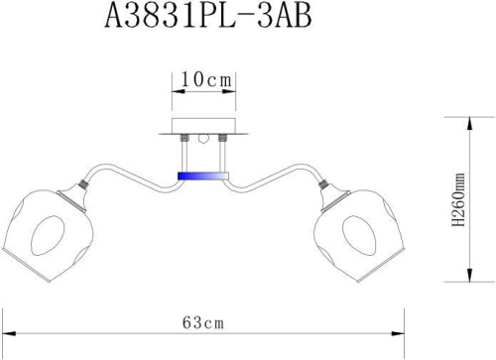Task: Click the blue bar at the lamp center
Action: coord(201,176)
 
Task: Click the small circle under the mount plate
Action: coord(202,140)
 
